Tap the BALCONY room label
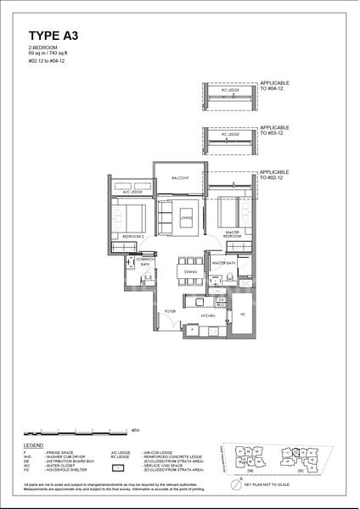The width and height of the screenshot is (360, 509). click(x=179, y=178)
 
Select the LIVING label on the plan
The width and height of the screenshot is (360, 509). click(x=175, y=218)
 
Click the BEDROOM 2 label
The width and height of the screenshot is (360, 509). click(x=132, y=235)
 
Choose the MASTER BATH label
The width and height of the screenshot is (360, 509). click(x=224, y=263)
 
